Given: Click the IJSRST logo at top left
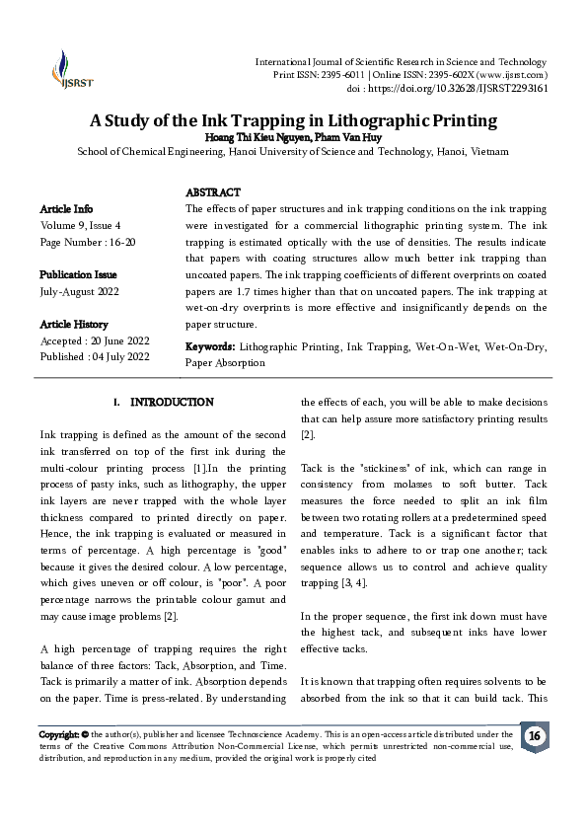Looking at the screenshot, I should [66, 71].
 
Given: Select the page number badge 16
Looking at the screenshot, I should [534, 737].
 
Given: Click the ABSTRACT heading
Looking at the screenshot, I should [213, 192].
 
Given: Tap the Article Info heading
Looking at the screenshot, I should [66, 209].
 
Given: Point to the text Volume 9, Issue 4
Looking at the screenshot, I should [80, 225].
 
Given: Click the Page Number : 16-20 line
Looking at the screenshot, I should [88, 241].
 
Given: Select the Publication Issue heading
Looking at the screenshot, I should [78, 273].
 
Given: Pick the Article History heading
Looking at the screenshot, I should [74, 324].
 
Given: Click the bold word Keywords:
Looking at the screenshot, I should [209, 347].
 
